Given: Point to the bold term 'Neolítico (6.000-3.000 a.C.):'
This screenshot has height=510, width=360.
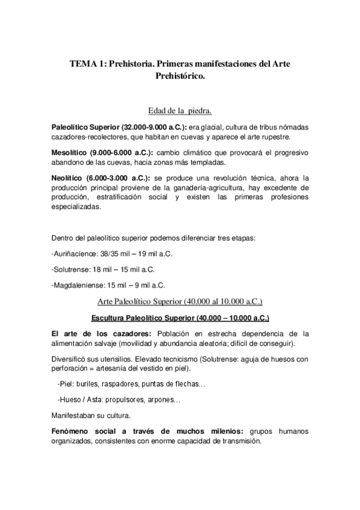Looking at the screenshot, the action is [97, 178].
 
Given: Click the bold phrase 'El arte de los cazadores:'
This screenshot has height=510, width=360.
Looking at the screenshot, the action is [102, 334].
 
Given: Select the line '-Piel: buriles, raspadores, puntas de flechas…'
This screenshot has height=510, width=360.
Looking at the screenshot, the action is [131, 383].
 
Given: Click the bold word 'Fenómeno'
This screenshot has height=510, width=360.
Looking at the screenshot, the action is [75, 431].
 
